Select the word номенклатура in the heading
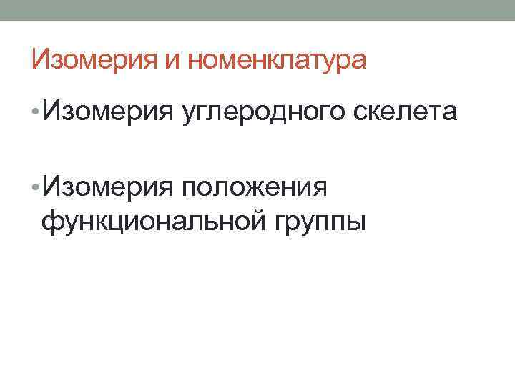277,60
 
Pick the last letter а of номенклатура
359,61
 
